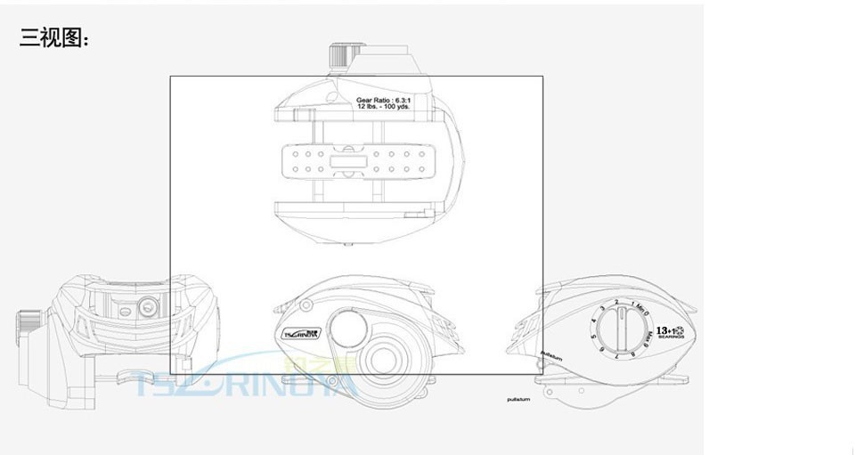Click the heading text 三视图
[x=53, y=37]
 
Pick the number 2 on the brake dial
[x=616, y=303]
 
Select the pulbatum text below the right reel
[x=518, y=399]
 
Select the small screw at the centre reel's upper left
[x=306, y=305]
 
